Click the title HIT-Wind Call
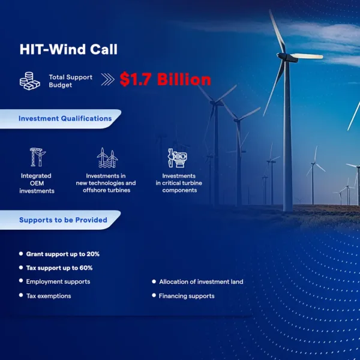click(68, 49)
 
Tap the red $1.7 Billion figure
click(166, 79)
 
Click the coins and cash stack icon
click(30, 81)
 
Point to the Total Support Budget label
click(70, 81)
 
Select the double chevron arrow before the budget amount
click(107, 79)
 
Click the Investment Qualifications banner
click(61, 119)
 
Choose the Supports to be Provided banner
click(61, 220)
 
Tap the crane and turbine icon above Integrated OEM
click(38, 157)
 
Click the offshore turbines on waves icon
click(107, 157)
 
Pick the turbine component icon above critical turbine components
click(178, 158)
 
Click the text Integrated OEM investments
click(37, 183)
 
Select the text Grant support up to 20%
click(62, 254)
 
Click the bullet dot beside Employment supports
click(21, 281)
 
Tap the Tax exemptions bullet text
click(49, 296)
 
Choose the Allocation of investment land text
click(201, 282)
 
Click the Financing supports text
click(187, 296)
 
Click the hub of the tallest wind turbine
click(284, 56)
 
